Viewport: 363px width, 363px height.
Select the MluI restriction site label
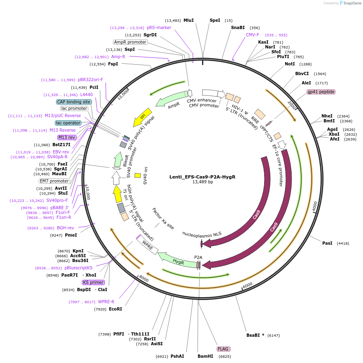189,20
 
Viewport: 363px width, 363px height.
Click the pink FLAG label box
223,349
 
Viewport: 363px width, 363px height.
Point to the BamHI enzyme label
205,357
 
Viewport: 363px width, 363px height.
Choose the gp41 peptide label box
321,92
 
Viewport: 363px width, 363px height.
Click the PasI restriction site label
327,243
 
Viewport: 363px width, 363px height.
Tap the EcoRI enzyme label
115,309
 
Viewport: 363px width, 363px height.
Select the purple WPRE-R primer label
106,302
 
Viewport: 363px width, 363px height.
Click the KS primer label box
93,282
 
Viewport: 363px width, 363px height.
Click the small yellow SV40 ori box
138,175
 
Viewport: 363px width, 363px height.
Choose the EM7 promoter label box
54,181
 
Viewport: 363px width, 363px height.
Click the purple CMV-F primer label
253,35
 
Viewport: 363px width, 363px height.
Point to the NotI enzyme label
290,64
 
